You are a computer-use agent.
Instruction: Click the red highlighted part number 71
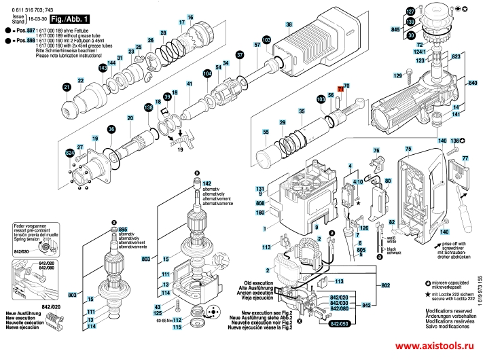pos(340,87)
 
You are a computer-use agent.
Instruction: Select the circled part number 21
pos(67,87)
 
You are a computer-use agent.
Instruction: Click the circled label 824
pos(69,154)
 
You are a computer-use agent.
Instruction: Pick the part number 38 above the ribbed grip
pos(288,24)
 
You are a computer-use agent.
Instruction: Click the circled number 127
pos(410,12)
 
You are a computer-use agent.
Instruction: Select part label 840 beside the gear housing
pos(473,83)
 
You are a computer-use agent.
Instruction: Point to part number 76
pos(376,150)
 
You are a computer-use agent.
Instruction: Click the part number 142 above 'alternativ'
pos(207,183)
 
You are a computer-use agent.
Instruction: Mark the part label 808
pos(259,203)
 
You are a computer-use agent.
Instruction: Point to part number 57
pos(257,45)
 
